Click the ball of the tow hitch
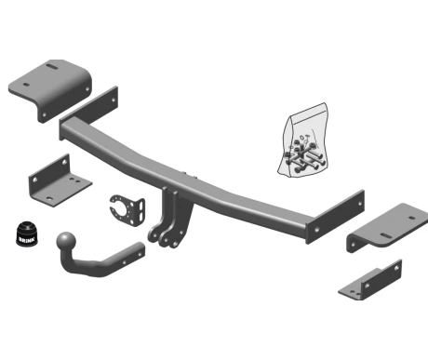point(66,241)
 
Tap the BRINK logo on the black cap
point(26,240)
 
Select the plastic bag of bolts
point(303,141)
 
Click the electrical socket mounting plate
point(127,210)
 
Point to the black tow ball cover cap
point(27,234)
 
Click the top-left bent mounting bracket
point(50,90)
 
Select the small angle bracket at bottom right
point(370,281)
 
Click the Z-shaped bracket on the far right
point(387,228)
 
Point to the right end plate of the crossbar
point(335,217)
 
